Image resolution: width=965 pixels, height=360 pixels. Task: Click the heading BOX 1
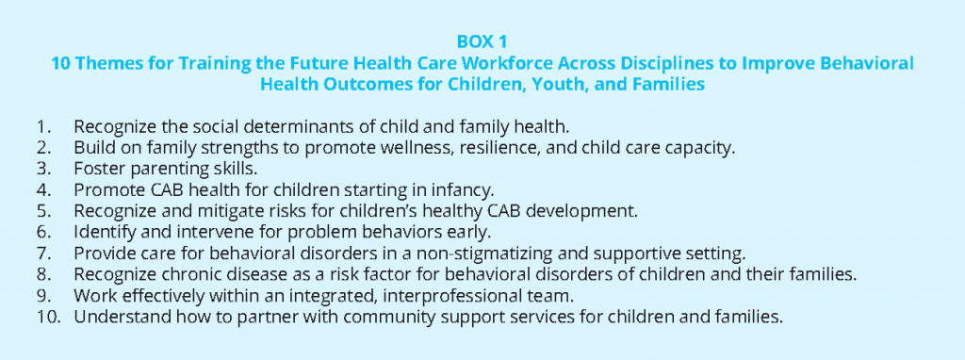(x=482, y=41)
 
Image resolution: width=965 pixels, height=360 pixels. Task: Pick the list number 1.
(x=41, y=127)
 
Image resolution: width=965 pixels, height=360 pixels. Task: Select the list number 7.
(x=41, y=254)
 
